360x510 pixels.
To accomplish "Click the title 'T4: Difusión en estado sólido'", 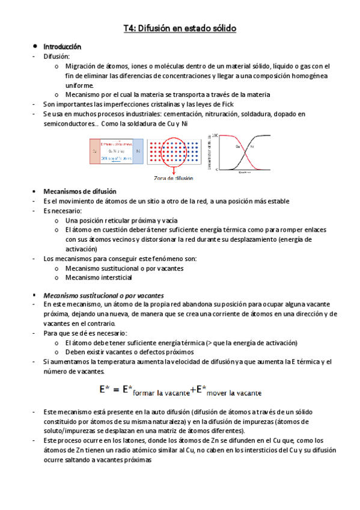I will click(x=180, y=28).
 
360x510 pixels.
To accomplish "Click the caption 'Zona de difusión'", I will click(x=174, y=179).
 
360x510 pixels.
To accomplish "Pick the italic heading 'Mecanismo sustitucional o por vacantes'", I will click(x=103, y=295).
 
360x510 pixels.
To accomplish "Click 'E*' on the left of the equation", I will click(x=105, y=390).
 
